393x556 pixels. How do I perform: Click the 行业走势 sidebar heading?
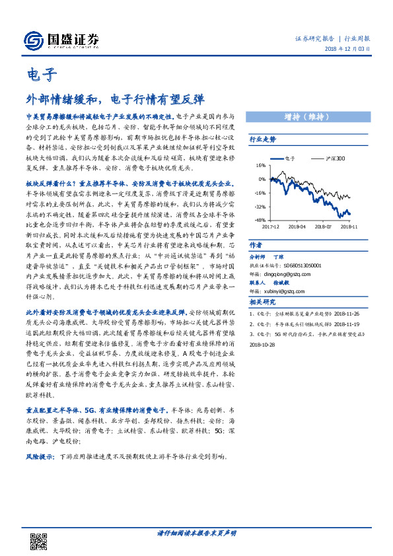(x=262, y=140)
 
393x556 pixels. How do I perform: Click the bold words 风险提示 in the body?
(x=40, y=456)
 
